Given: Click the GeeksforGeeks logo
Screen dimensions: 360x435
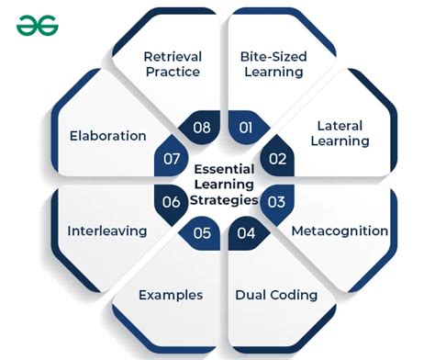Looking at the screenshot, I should pos(37,26).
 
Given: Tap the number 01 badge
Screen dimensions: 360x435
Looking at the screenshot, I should pos(245,128).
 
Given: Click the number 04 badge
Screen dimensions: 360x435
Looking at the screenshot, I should pos(245,232).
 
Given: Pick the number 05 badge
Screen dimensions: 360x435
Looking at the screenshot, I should pos(202,232).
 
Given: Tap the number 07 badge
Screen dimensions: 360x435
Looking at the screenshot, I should pos(172,159).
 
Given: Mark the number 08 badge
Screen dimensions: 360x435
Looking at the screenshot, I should pos(202,128).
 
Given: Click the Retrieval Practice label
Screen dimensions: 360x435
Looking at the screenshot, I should pos(173,64).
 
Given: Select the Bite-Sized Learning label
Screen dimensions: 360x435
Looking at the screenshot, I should pos(273,64).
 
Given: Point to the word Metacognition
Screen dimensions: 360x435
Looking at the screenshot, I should pos(340,231).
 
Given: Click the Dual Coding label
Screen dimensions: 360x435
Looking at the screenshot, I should pos(276,295).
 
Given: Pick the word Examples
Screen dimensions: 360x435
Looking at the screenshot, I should pos(171,295).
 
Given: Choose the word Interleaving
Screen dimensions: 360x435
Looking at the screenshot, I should pos(106,231).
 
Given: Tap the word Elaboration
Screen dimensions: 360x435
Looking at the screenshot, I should pos(107,136).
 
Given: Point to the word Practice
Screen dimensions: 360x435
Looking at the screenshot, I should pos(173,73).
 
